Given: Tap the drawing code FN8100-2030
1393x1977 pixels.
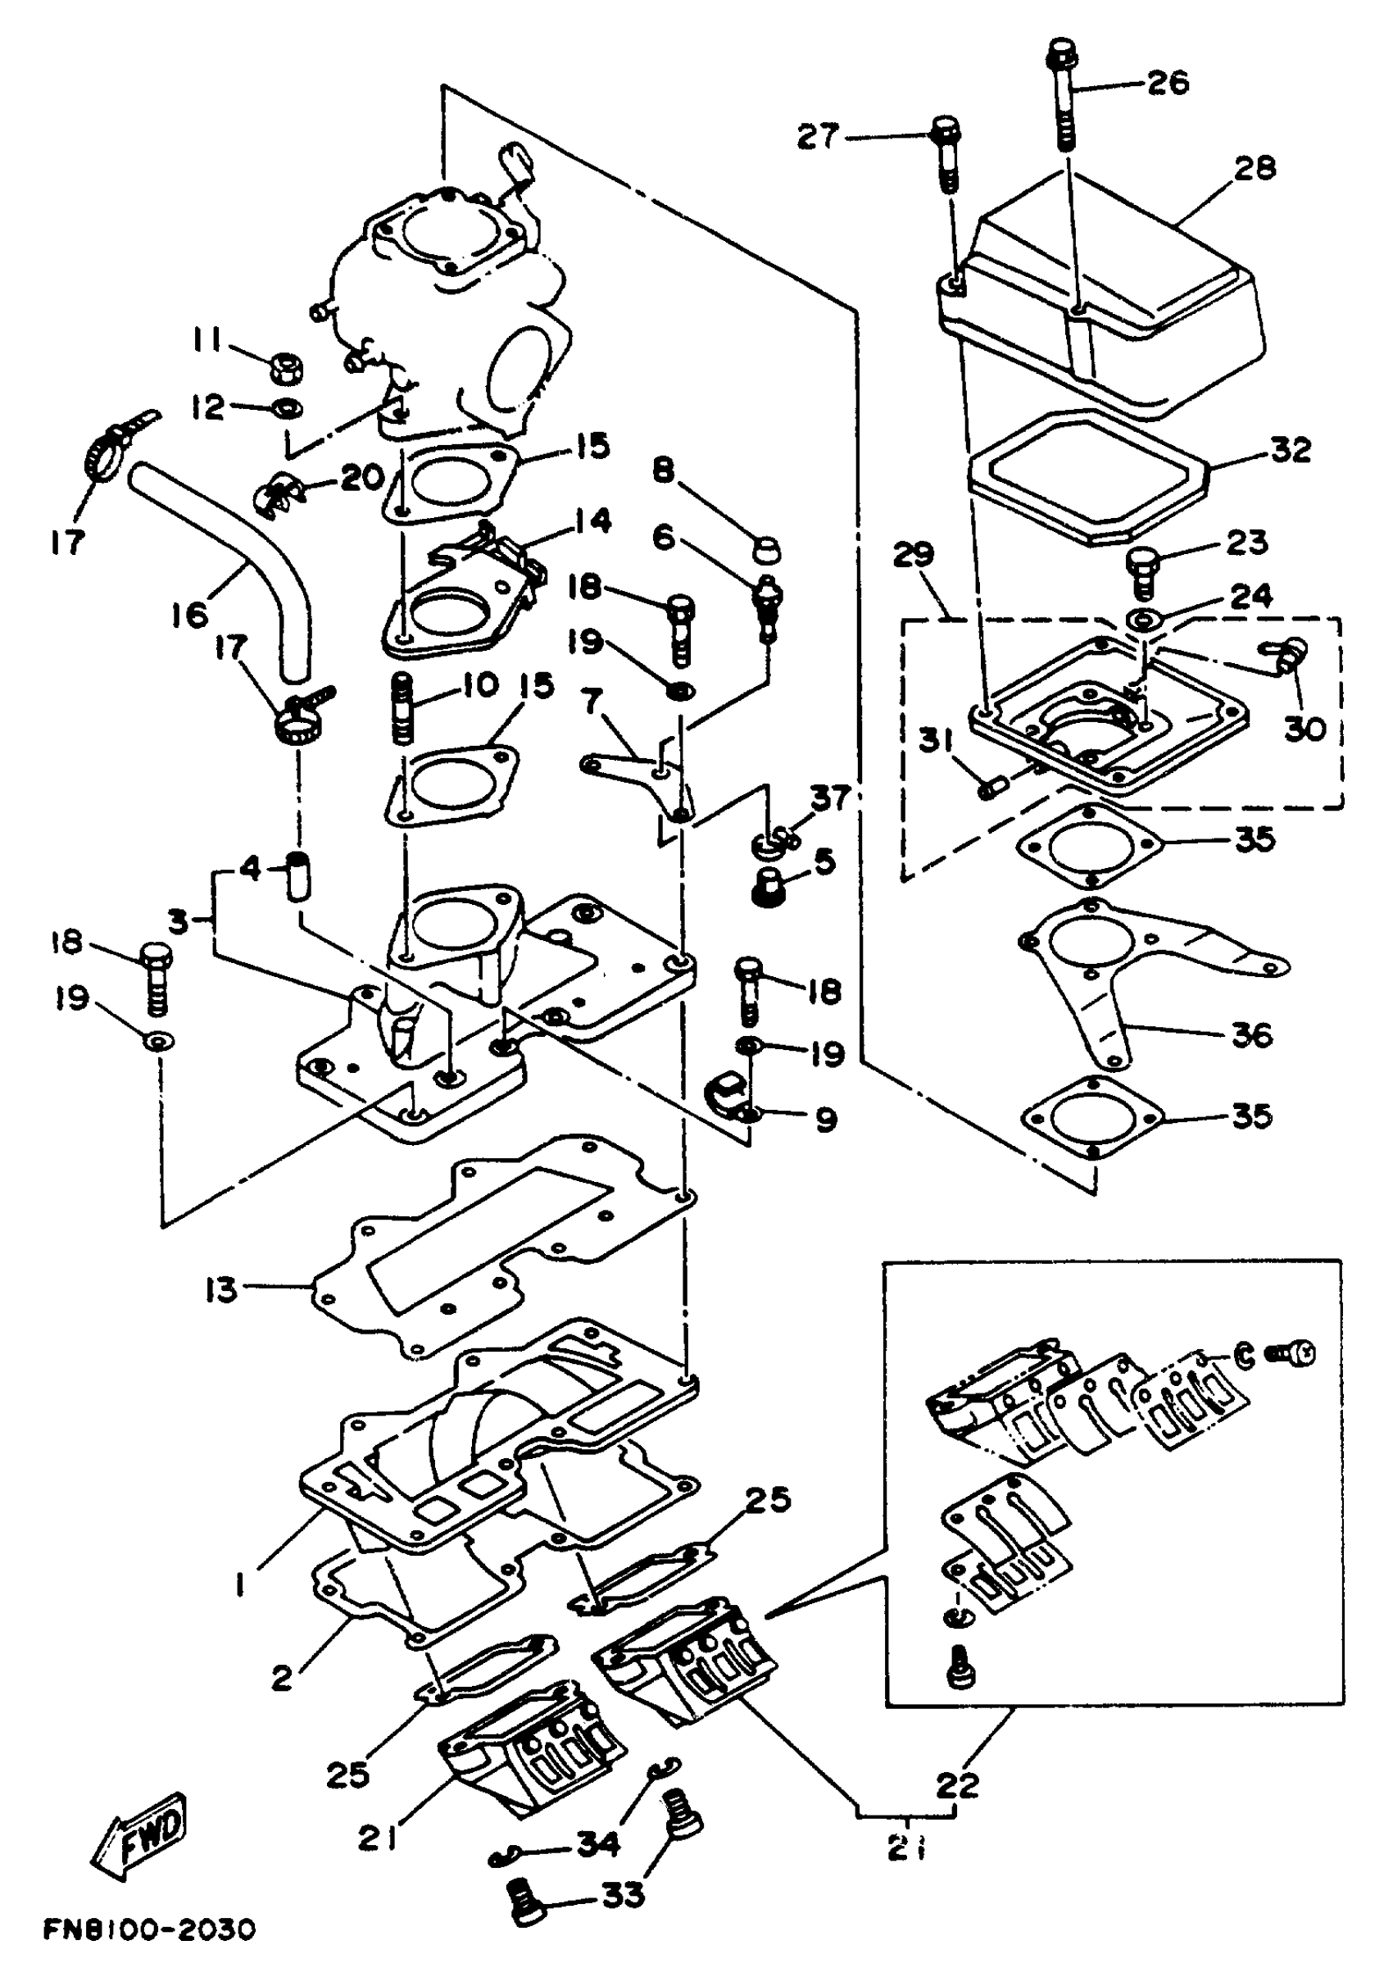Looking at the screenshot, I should pos(150,1929).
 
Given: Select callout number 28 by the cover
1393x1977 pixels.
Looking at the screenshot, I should pos(1254,168).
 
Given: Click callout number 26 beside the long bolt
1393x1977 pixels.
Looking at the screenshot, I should pos(1168,84).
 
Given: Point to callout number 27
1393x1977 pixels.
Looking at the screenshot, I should pos(817,136).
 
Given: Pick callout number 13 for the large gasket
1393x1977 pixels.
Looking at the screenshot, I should pos(220,1290).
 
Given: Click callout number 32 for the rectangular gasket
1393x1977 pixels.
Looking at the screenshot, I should pos(1291,449).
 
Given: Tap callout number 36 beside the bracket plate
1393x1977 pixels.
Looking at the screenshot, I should pos(1252,1034).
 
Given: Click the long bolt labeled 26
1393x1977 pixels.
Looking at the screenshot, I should pos(1064,95).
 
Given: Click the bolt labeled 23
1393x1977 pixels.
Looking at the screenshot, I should pos(1143,570).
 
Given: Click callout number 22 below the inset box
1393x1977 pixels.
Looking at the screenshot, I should pos(957,1784).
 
